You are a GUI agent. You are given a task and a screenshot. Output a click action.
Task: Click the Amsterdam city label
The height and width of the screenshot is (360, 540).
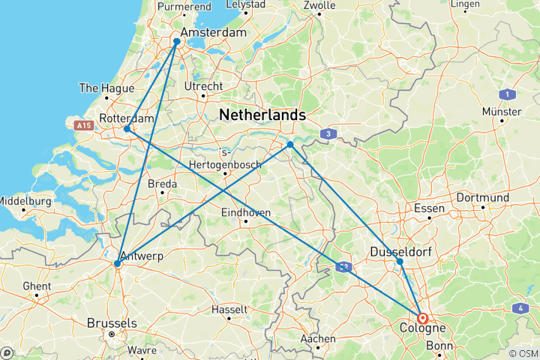click(x=214, y=34)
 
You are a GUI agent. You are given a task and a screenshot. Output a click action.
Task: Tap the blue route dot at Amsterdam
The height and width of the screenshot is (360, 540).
click(x=177, y=41)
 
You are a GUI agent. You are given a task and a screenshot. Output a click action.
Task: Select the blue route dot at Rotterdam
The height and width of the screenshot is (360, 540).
click(x=127, y=129)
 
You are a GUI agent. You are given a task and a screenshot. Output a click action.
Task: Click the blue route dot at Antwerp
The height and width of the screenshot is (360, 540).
click(x=117, y=264)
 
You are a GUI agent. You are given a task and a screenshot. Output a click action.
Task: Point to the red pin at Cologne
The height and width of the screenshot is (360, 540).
click(x=422, y=318)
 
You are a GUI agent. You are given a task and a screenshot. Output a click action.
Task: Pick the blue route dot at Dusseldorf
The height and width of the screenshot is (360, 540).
click(x=400, y=261)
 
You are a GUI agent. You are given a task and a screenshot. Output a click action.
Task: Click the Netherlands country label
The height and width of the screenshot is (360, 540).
click(x=262, y=115)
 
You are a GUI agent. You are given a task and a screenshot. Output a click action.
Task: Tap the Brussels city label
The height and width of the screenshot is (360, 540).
click(x=112, y=322)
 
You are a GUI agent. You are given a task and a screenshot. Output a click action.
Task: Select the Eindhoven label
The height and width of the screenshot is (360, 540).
click(x=245, y=213)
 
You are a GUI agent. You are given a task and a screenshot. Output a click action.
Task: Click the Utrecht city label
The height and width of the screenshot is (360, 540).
click(x=204, y=87)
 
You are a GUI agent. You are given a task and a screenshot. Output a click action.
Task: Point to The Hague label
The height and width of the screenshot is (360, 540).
click(x=107, y=88)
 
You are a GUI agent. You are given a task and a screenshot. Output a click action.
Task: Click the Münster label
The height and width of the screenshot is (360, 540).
click(x=502, y=112)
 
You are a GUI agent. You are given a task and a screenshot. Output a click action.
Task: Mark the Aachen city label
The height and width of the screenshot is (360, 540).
click(x=318, y=339)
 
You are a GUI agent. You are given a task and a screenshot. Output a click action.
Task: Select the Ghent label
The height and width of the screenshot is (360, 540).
click(x=37, y=286)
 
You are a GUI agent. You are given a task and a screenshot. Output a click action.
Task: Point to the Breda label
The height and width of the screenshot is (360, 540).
click(x=162, y=184)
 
